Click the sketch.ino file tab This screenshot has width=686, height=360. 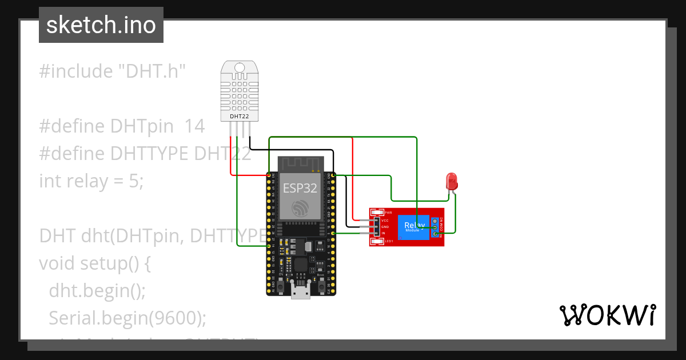tap(101, 25)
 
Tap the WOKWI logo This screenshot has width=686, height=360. tap(607, 315)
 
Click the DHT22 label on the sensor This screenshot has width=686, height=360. tap(238, 117)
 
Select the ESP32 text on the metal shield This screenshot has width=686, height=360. tap(300, 189)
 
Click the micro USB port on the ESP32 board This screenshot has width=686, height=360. tap(300, 293)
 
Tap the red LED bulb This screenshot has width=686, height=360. tap(451, 182)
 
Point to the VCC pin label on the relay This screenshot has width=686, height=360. tap(385, 220)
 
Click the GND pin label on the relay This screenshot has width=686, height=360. tap(385, 227)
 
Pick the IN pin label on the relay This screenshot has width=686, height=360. tap(384, 233)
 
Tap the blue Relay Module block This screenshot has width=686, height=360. tap(414, 226)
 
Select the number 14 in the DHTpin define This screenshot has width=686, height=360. tap(194, 126)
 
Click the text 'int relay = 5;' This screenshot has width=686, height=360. tap(91, 181)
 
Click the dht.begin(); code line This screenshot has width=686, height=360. tap(97, 290)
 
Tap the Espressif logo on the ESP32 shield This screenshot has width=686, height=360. tap(300, 209)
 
